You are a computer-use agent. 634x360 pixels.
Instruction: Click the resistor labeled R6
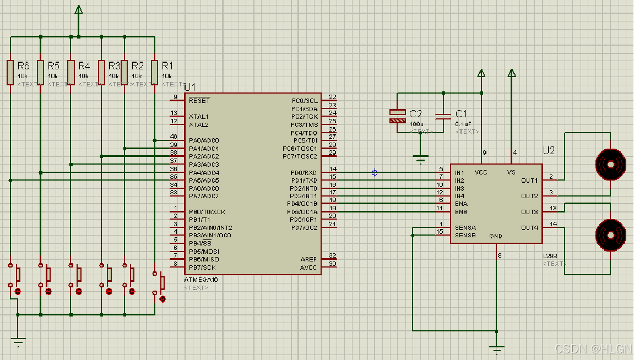click(10, 72)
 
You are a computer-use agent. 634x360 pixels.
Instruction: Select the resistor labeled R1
click(155, 72)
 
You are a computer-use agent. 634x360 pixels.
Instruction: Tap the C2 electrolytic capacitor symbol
click(397, 116)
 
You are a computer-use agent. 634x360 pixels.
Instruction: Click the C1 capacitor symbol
click(443, 116)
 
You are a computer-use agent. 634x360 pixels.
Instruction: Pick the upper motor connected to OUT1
click(610, 163)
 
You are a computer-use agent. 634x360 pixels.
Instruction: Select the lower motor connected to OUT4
click(610, 235)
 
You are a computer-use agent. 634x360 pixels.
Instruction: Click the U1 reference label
click(189, 87)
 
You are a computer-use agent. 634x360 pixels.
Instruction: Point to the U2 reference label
click(549, 150)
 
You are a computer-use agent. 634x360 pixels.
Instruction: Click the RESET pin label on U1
click(199, 101)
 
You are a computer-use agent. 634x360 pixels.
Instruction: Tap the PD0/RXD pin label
click(304, 173)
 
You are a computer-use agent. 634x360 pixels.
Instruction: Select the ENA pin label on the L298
click(461, 204)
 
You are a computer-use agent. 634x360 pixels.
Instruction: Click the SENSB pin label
click(465, 235)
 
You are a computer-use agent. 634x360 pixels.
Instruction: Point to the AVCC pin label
click(308, 268)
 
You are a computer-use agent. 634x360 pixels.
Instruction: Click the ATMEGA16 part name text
click(201, 280)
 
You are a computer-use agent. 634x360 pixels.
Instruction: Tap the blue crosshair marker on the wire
click(375, 173)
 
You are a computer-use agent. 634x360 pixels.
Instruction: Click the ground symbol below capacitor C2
click(420, 160)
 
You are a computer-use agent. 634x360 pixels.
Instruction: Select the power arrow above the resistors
click(78, 10)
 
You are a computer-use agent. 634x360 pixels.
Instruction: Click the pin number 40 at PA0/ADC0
click(174, 137)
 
